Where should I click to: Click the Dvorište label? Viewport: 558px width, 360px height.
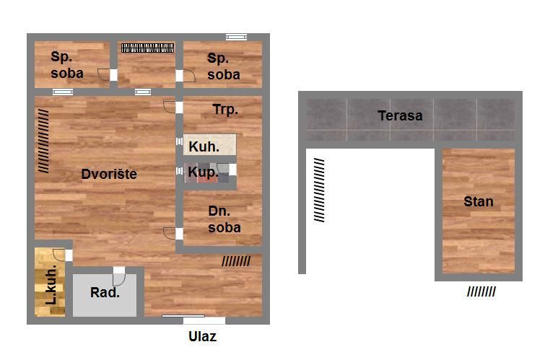point(109,174)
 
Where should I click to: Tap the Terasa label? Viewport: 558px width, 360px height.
point(400,115)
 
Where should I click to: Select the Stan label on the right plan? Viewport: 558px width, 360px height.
point(479,202)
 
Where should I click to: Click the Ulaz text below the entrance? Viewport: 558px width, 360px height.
point(202,336)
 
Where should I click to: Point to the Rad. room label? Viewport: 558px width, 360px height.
point(105,292)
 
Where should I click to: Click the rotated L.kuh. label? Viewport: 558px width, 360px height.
point(51,284)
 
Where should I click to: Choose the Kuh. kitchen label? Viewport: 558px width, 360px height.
point(204,146)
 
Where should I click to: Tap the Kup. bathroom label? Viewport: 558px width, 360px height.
point(203,172)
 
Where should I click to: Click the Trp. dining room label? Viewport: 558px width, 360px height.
point(225,109)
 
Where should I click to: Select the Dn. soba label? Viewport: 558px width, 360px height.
point(224,219)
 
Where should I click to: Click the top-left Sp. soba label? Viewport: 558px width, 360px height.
point(67,65)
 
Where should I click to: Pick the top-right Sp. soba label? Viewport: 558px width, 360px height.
point(224,66)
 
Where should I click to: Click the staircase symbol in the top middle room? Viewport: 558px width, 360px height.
point(148,48)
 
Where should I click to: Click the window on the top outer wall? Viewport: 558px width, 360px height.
point(236,37)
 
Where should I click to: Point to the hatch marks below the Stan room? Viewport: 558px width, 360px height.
point(481,292)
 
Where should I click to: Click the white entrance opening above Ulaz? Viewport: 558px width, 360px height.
point(204,320)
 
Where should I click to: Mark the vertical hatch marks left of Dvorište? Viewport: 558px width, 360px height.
point(43,141)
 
